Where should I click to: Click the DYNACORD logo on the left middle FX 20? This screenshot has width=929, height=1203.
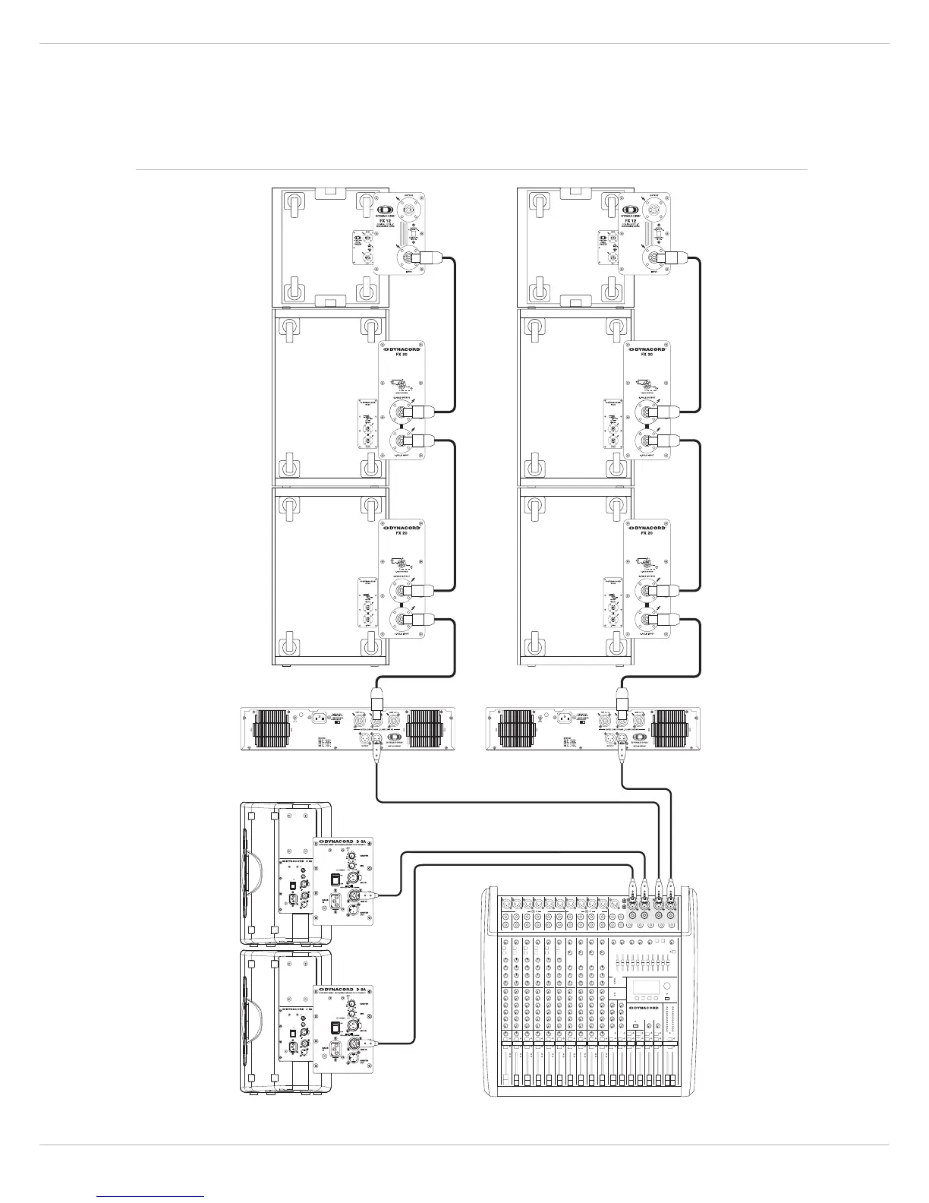point(401,349)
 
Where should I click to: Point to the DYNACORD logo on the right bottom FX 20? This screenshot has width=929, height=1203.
point(646,528)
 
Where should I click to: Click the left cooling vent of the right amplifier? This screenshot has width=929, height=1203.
point(515,728)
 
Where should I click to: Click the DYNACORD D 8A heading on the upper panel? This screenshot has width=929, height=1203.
point(342,841)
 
